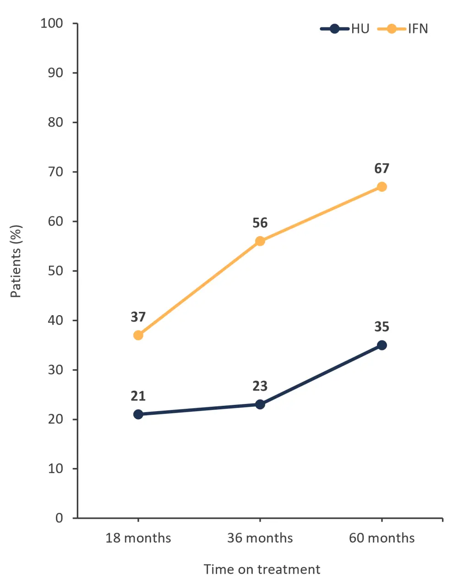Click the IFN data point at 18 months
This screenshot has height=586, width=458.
point(138,335)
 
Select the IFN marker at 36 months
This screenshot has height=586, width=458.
point(260,241)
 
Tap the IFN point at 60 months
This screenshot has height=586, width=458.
point(382,187)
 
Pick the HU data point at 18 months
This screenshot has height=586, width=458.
point(138,414)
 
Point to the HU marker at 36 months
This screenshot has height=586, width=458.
point(260,404)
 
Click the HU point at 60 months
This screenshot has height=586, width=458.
point(382,345)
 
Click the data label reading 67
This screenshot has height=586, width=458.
point(382,169)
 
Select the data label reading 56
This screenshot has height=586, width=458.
point(260,223)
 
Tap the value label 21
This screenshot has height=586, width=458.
point(138,396)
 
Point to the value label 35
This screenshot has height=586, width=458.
point(382,327)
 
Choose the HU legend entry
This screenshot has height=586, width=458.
point(345,29)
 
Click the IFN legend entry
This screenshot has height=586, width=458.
point(403,29)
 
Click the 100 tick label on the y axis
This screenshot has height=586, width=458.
point(52,23)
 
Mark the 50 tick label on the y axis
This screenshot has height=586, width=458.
point(55,271)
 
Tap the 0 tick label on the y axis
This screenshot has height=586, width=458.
point(60,518)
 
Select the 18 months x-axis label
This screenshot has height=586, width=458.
point(138,538)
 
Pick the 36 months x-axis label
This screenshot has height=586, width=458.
point(260,538)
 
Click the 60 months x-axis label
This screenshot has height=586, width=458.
point(382,538)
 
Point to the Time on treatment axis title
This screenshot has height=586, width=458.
point(262,570)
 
